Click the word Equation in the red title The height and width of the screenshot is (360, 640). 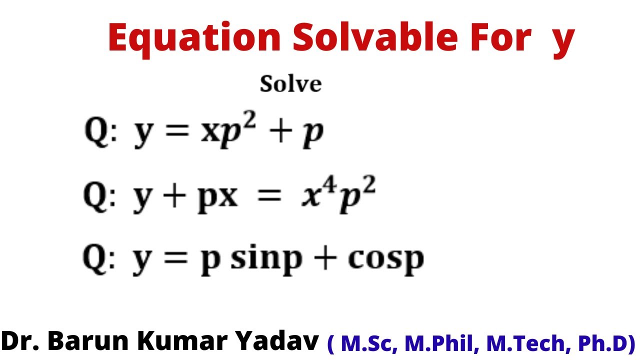pyautogui.click(x=194, y=38)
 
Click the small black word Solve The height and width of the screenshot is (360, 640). pyautogui.click(x=290, y=84)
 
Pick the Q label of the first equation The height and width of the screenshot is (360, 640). pyautogui.click(x=96, y=133)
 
